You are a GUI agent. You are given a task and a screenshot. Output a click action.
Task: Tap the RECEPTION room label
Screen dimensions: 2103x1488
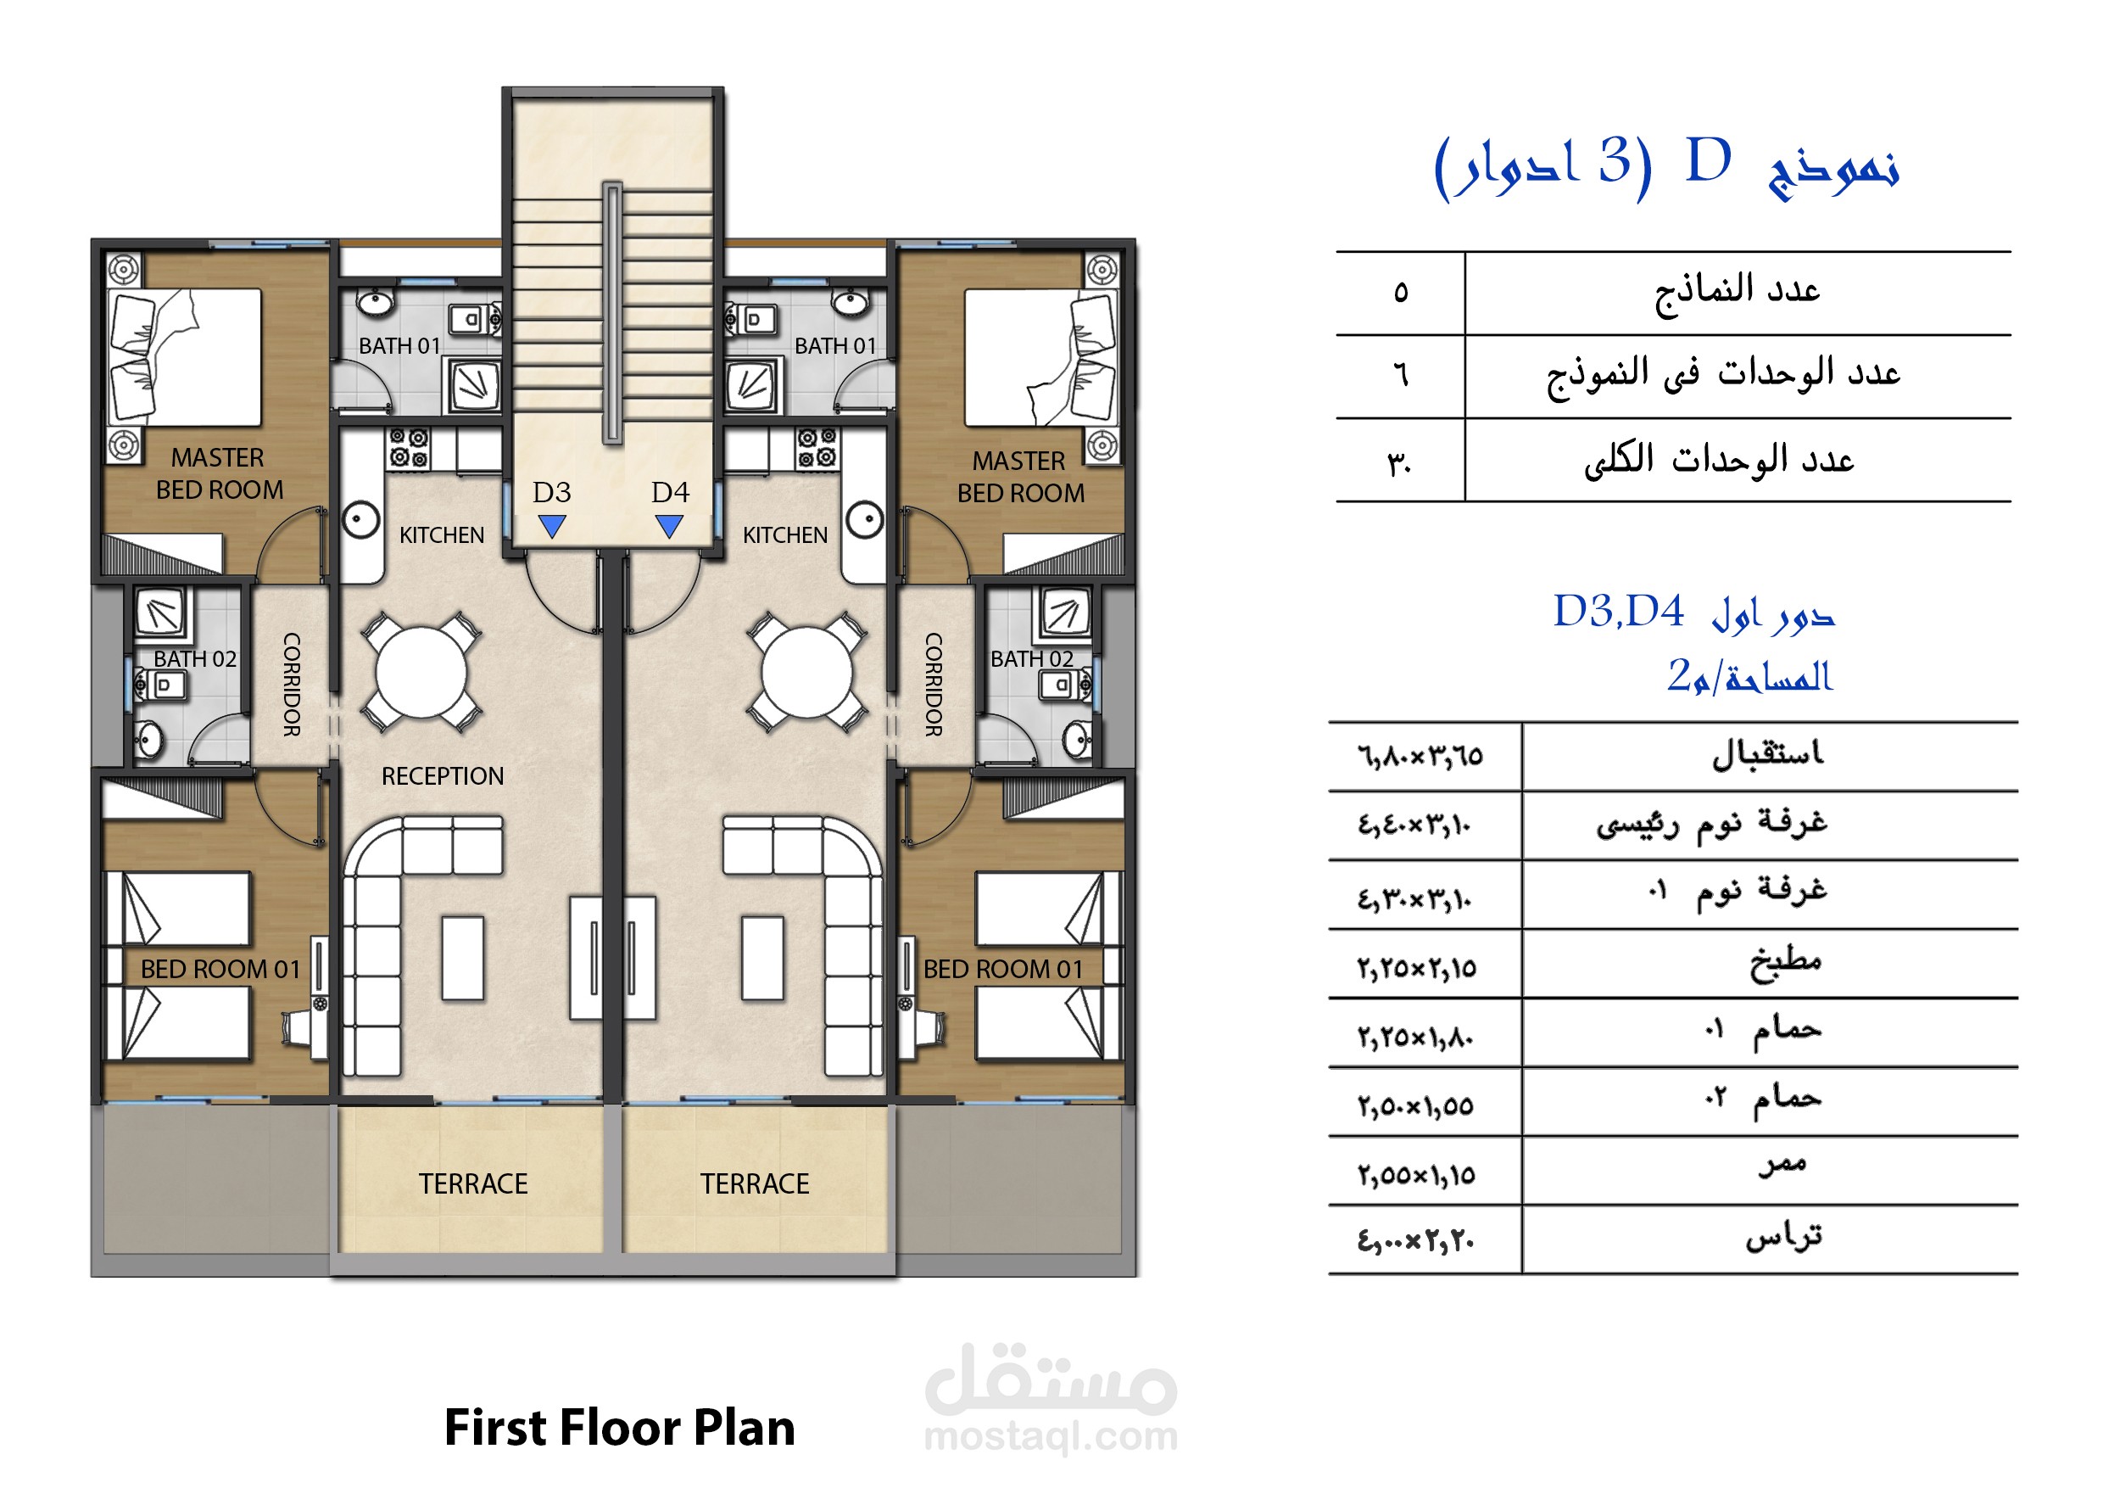tap(443, 776)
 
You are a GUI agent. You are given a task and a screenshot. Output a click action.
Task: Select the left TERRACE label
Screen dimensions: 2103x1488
tap(473, 1183)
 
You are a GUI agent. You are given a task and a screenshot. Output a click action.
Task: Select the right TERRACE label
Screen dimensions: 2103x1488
tap(755, 1183)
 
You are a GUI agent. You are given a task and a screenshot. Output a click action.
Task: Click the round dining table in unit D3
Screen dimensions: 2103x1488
tap(421, 674)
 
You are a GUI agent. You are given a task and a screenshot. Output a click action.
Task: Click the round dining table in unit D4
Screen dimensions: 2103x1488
tap(806, 674)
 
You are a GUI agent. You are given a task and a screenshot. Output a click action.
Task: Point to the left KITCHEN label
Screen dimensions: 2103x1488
tap(442, 535)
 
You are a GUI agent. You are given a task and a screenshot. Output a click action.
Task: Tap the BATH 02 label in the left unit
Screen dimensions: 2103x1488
tap(195, 659)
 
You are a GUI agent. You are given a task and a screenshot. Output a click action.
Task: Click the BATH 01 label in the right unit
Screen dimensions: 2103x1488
tap(835, 345)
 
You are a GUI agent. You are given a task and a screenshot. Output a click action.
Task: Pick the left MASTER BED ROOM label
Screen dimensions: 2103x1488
tap(219, 473)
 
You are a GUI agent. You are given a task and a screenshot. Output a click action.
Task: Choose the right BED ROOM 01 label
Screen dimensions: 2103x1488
tap(1003, 970)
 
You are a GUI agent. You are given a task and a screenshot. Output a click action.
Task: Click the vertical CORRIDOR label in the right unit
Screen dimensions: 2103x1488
tap(934, 685)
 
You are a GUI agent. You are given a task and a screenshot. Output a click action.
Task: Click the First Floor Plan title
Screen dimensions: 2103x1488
tap(620, 1428)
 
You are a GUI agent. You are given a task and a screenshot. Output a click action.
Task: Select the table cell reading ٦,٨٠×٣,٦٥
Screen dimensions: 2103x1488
tap(1420, 757)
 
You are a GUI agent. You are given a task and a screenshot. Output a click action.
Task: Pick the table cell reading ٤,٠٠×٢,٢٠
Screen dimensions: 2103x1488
tap(1416, 1240)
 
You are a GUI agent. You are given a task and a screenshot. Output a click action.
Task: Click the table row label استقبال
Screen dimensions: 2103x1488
tap(1768, 754)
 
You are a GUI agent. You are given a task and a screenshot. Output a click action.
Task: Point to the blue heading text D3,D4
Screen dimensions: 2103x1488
tap(1619, 611)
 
